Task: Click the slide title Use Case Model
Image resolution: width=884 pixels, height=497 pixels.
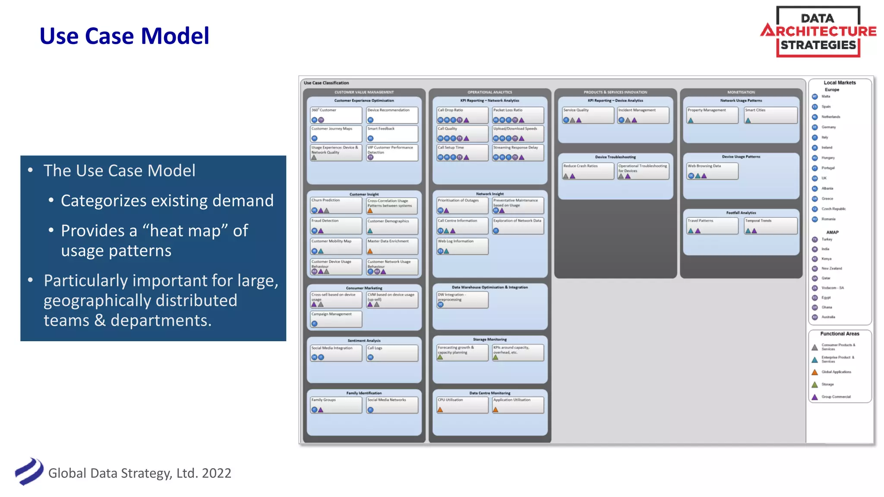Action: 124,36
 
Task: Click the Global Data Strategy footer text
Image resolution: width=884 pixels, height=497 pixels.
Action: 139,473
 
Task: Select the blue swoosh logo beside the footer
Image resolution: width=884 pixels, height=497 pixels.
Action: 29,472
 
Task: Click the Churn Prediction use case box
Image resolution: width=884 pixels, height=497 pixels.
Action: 336,205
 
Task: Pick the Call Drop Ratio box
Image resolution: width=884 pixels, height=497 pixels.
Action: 462,115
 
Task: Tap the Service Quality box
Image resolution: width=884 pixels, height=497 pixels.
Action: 587,115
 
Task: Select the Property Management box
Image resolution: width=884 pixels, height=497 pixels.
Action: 712,115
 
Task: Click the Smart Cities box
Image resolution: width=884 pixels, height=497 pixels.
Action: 770,115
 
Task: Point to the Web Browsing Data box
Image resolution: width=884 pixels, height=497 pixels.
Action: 712,171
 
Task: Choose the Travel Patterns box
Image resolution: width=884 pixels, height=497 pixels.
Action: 712,226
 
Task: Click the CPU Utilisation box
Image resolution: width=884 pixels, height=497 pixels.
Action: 462,405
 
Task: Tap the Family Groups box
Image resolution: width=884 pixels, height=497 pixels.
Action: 336,405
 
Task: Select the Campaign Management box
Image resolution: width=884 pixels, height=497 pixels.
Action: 336,319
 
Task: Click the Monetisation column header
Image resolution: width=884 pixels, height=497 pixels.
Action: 741,92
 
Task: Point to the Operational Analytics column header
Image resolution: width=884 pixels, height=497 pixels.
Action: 489,92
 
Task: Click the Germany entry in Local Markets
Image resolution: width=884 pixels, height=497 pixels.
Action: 828,127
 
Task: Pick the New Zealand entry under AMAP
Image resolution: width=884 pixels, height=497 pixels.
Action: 831,268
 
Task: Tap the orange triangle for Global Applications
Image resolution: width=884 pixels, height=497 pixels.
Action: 815,372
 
